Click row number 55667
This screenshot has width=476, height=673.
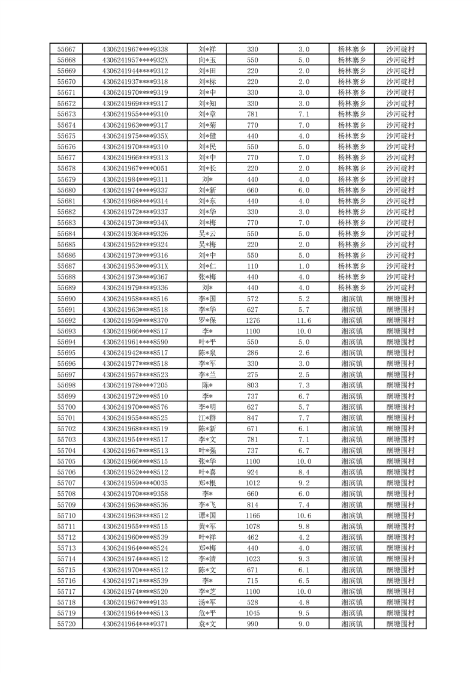click(x=66, y=49)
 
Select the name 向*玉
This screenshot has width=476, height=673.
click(x=207, y=60)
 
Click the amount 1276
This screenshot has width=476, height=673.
click(x=252, y=320)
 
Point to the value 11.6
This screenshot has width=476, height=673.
click(x=303, y=320)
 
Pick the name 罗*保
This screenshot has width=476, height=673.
click(x=207, y=320)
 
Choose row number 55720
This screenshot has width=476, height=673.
click(x=66, y=624)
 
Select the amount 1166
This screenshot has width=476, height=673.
click(x=252, y=515)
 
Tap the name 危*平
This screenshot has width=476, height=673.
click(x=207, y=613)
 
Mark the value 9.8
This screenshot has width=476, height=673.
click(x=303, y=526)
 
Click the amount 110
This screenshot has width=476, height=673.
click(x=252, y=266)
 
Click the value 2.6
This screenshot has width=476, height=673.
click(x=303, y=353)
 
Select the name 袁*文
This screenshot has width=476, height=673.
click(x=207, y=624)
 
